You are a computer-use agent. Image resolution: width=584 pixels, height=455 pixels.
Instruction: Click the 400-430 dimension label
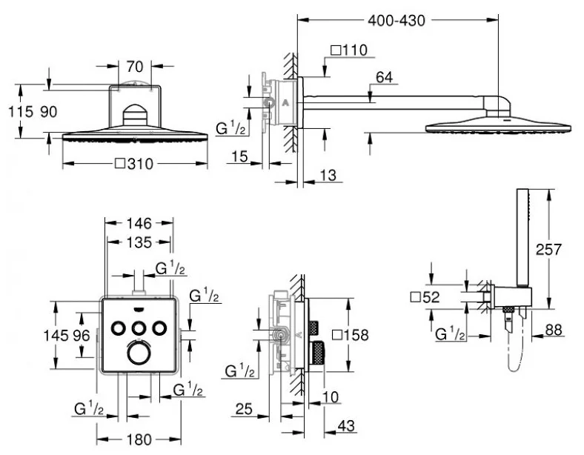pyautogui.click(x=397, y=21)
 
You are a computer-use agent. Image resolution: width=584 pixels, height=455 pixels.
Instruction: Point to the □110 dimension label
pyautogui.click(x=348, y=50)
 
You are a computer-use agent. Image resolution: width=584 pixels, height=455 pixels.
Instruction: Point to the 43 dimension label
pyautogui.click(x=347, y=426)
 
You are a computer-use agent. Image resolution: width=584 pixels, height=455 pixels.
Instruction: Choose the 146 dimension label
pyautogui.click(x=138, y=222)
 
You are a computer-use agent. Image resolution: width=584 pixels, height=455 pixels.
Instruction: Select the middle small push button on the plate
pyautogui.click(x=137, y=327)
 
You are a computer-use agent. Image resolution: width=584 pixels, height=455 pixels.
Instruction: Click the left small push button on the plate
pyautogui.click(x=119, y=327)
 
